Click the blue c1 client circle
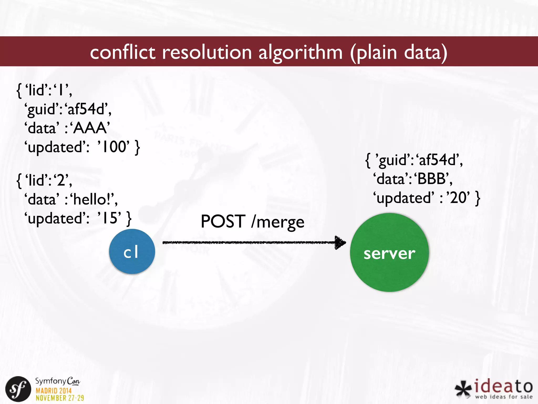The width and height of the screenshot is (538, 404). (132, 251)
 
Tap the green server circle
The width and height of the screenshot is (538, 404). (389, 252)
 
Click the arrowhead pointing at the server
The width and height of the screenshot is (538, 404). (340, 243)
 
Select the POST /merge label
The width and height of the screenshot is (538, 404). (252, 221)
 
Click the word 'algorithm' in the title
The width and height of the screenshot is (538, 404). (301, 52)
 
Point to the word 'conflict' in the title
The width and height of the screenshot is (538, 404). (123, 52)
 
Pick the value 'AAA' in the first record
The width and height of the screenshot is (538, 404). (90, 128)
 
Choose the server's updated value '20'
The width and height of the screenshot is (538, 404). (458, 198)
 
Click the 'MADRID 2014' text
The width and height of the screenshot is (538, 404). (54, 391)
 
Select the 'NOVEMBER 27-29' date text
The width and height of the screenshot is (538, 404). (60, 398)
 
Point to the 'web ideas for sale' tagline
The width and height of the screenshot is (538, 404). (504, 397)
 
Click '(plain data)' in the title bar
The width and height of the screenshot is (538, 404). (399, 52)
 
